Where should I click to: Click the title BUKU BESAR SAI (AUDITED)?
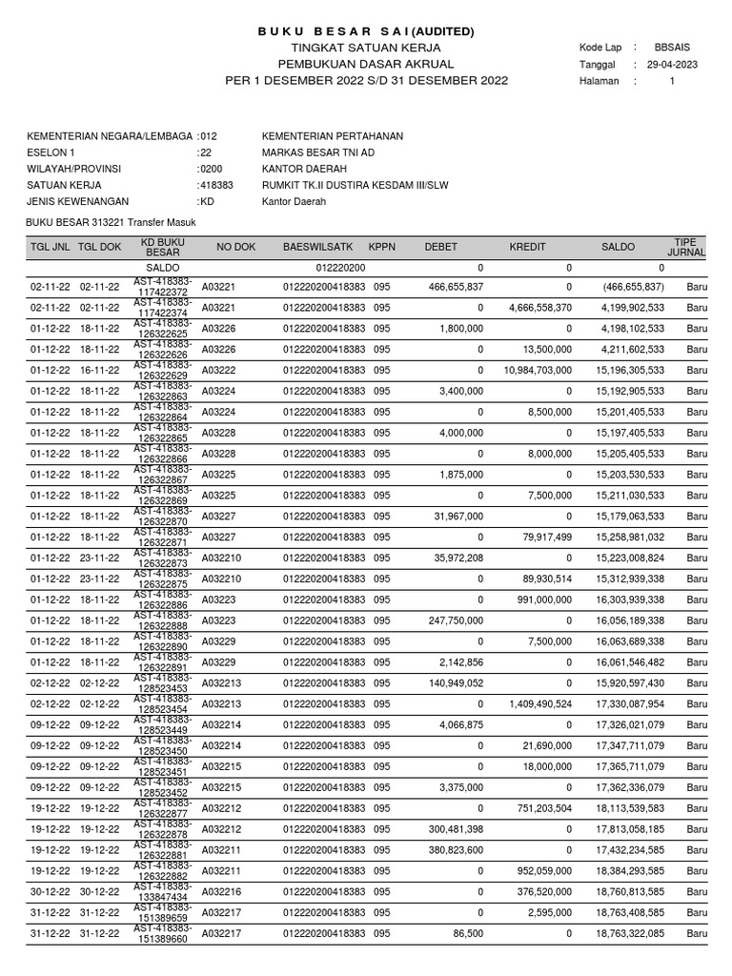[x=366, y=31]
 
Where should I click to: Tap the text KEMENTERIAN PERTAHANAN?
[x=332, y=136]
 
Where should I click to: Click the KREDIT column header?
[x=527, y=247]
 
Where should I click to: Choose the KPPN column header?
[x=381, y=247]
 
